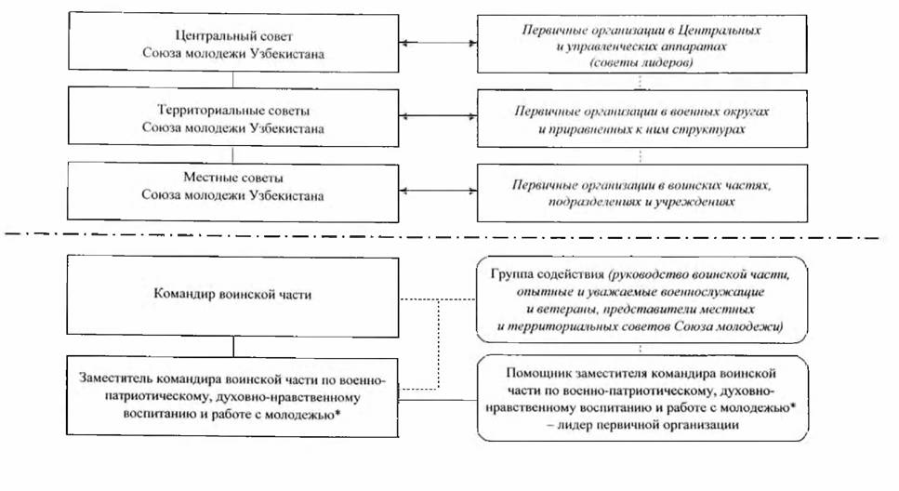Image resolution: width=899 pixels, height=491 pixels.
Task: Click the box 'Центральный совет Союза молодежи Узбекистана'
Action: (233, 43)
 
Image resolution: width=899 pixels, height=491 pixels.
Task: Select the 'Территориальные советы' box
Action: (233, 116)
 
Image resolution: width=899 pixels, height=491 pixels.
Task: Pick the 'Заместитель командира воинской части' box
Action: (233, 395)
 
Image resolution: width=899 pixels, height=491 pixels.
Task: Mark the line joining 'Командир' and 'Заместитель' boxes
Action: (233, 345)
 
